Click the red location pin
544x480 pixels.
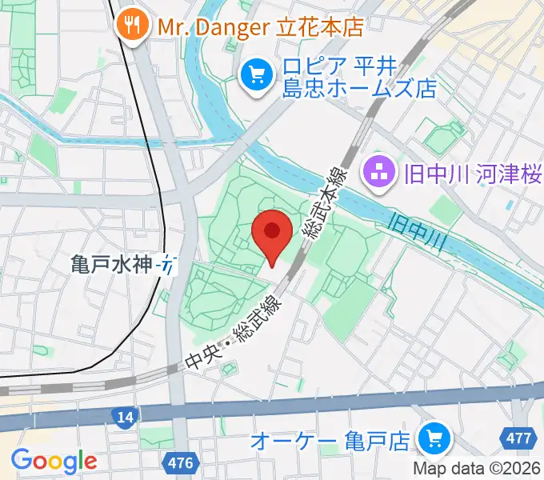[x=271, y=233]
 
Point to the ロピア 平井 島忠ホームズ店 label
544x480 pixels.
[x=356, y=76]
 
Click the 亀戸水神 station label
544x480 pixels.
[x=111, y=263]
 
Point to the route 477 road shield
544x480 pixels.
[x=521, y=438]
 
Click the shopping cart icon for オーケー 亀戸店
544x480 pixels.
[x=436, y=438]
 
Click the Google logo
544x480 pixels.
[x=54, y=460]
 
